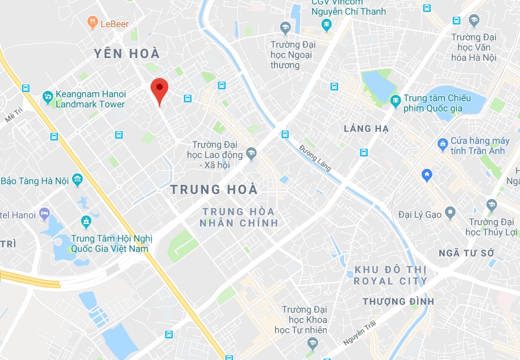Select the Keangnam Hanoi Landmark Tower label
click(90, 100)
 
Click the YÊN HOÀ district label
click(127, 54)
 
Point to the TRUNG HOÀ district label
click(214, 189)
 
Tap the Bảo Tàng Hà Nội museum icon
click(77, 181)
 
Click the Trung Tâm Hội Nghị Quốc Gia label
click(109, 244)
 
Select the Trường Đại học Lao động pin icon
click(252, 153)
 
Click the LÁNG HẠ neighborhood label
click(366, 129)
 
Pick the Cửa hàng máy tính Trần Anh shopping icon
click(442, 145)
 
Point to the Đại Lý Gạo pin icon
click(450, 214)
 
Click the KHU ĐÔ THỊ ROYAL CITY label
click(390, 275)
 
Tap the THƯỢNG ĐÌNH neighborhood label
click(398, 301)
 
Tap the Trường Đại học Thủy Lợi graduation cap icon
click(492, 205)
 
